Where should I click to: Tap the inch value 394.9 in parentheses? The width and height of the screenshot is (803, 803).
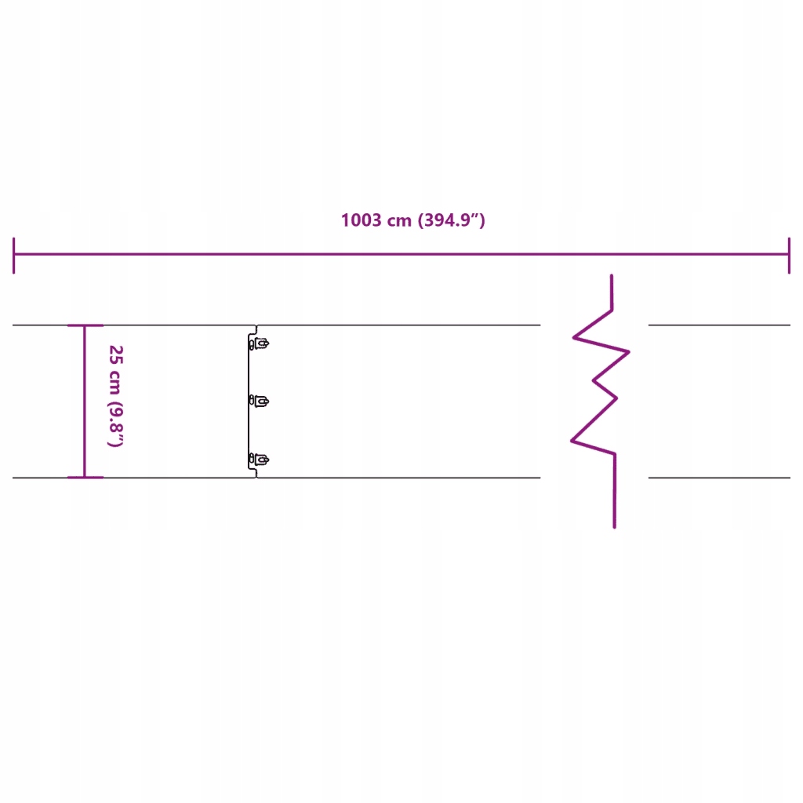pos(451,220)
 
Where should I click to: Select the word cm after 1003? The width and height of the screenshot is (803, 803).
pos(400,220)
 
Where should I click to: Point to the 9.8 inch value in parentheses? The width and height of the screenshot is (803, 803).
pos(115,424)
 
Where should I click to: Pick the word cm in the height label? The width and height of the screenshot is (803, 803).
pos(115,383)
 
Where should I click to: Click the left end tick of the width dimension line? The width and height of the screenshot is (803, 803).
pos(14,255)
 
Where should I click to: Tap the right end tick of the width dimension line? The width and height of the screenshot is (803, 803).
pos(789,255)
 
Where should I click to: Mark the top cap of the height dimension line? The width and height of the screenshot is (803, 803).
pos(85,325)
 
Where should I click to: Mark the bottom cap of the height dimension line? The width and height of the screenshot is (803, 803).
pos(85,477)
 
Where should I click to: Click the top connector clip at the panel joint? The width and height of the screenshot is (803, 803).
pos(260,343)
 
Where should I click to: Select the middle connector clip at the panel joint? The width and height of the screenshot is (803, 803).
pos(260,401)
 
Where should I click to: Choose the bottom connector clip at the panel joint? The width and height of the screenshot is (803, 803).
pos(260,459)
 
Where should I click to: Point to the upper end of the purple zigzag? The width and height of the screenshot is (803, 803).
pos(612,277)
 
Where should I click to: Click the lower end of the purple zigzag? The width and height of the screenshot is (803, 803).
pos(614,525)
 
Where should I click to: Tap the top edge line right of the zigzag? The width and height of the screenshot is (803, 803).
pos(718,325)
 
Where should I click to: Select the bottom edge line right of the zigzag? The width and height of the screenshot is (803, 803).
pos(718,478)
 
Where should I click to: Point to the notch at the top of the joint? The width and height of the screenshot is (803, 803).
pos(256,327)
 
